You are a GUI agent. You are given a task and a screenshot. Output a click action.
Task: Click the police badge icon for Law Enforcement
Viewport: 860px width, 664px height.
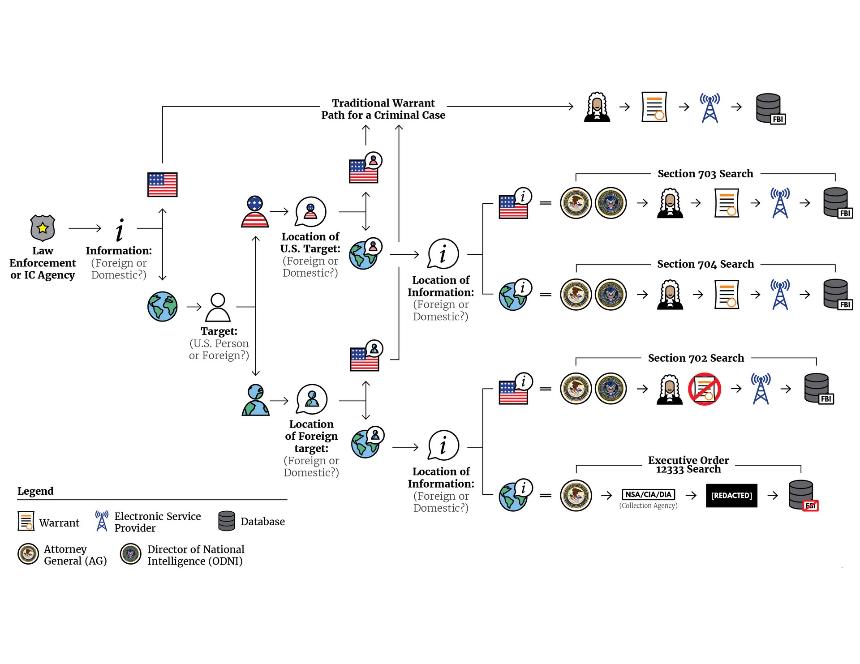coord(43,228)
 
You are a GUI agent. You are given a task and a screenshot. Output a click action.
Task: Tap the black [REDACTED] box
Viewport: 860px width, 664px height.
coord(731,495)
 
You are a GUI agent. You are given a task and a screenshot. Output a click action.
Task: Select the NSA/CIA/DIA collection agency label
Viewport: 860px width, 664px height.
coord(648,494)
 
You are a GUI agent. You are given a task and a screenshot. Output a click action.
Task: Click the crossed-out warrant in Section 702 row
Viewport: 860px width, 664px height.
coord(704,389)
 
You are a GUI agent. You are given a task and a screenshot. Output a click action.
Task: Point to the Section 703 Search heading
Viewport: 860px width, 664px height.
coord(705,174)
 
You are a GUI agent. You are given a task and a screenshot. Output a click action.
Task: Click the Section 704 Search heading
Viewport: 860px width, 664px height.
coord(705,264)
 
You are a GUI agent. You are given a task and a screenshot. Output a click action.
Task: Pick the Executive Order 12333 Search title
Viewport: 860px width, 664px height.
coord(688,465)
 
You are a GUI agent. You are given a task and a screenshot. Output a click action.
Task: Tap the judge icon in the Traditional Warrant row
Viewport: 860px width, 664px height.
coord(597,107)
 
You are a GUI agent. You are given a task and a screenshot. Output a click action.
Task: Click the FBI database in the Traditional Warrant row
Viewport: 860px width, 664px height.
coord(770,108)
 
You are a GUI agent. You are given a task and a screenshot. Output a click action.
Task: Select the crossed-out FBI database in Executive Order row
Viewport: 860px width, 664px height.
coord(802,495)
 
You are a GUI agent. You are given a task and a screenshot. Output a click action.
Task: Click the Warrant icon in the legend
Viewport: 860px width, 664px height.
coord(26,521)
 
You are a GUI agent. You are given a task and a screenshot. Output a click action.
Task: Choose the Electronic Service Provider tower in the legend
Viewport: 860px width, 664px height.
coord(102,521)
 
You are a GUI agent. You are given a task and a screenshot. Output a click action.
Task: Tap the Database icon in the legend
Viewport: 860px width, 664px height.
coord(227,521)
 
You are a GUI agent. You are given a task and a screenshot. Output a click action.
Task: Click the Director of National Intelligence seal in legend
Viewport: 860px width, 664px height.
coord(131,554)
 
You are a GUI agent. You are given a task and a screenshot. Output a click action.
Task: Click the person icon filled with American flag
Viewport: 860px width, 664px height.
coord(255,212)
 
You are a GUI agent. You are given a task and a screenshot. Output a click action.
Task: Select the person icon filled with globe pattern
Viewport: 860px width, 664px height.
coord(255,400)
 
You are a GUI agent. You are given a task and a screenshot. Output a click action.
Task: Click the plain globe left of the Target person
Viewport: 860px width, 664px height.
coord(163,307)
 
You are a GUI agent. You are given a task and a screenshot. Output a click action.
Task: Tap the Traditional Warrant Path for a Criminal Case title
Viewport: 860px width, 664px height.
coord(383,109)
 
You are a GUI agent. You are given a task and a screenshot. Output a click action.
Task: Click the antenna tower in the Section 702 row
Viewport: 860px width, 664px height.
coord(761,389)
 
